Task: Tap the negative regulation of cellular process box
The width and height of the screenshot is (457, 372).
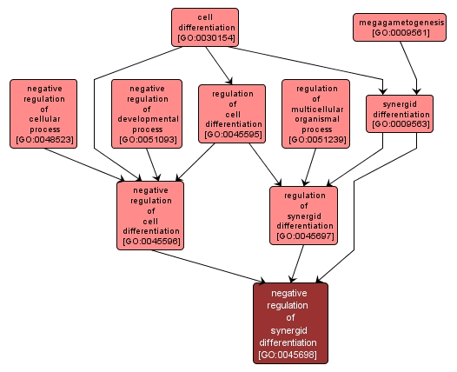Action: tap(43, 113)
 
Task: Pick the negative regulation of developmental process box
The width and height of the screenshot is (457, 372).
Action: tap(147, 113)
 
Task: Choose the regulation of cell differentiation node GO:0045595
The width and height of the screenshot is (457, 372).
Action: tap(232, 113)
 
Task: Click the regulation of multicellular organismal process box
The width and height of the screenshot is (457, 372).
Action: tap(316, 113)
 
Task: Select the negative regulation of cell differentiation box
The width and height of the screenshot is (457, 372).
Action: tap(150, 216)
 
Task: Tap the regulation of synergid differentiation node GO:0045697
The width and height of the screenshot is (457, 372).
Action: tap(304, 216)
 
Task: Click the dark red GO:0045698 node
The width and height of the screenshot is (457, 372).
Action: tap(291, 322)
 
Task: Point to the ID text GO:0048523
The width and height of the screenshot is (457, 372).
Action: tap(43, 139)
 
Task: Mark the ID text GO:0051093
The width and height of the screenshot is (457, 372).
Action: tap(147, 139)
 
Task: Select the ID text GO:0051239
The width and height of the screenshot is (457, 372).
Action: tap(316, 139)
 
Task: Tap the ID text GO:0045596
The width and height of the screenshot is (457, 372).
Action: tap(150, 241)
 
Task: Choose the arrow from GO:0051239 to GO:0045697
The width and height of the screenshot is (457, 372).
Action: tap(312, 165)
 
